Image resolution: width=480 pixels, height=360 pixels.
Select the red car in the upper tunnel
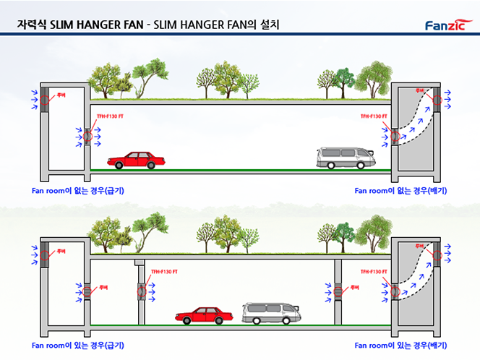click(x=135, y=160)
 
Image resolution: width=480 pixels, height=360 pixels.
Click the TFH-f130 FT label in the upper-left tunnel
click(x=111, y=116)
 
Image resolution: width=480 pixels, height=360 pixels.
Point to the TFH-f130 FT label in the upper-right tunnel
click(x=374, y=116)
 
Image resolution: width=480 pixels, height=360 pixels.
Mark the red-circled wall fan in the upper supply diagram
click(x=88, y=136)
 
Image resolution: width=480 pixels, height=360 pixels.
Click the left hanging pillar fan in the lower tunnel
click(x=142, y=291)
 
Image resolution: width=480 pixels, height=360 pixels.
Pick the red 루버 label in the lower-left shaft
click(x=61, y=251)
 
